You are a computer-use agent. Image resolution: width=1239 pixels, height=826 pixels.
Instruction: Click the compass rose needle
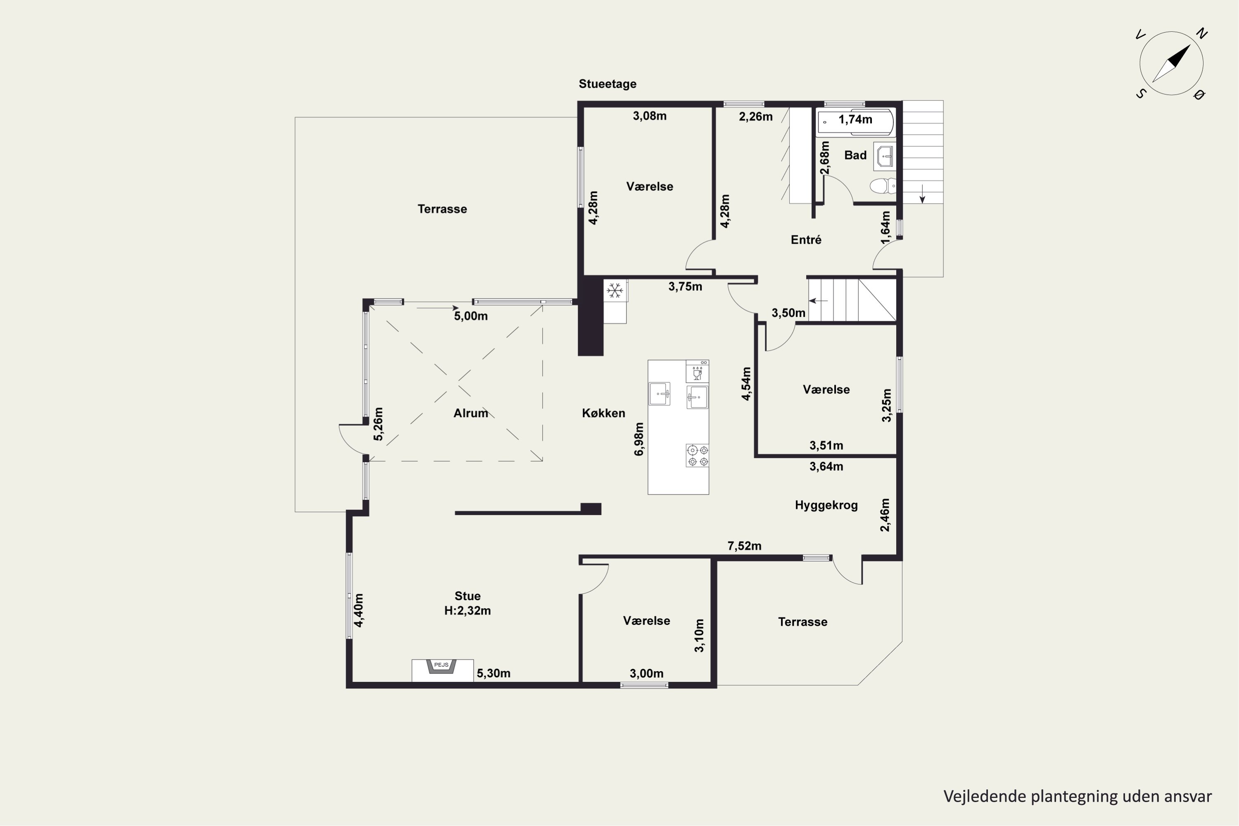click(x=1172, y=63)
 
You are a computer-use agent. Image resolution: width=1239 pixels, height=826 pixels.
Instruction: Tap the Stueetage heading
click(x=608, y=84)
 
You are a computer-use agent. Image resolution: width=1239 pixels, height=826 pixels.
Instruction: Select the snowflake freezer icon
click(x=614, y=290)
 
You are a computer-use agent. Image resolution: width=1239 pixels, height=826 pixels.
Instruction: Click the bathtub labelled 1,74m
click(x=854, y=122)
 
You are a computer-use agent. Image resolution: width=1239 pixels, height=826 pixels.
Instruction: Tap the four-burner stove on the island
click(x=698, y=456)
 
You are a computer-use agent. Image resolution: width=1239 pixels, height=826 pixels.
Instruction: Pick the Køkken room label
click(x=604, y=413)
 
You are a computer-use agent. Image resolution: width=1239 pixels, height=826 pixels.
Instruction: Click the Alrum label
click(x=470, y=413)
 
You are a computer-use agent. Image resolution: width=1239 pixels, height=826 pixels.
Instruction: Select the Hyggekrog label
click(x=826, y=505)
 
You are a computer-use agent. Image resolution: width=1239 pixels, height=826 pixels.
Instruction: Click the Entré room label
click(x=806, y=240)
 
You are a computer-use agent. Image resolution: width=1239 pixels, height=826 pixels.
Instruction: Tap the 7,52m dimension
click(x=744, y=546)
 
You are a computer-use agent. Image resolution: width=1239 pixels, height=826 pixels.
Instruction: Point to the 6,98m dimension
click(x=639, y=439)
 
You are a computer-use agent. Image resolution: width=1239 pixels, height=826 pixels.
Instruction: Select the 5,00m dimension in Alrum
click(x=471, y=316)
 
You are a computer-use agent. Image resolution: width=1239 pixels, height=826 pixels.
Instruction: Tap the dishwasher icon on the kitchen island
click(x=698, y=371)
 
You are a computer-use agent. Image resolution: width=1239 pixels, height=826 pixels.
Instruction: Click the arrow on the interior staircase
click(x=818, y=301)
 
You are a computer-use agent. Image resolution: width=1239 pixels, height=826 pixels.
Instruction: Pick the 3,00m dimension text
click(x=646, y=673)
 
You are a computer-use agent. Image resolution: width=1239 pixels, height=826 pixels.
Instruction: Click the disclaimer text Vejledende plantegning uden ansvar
click(x=1077, y=797)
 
